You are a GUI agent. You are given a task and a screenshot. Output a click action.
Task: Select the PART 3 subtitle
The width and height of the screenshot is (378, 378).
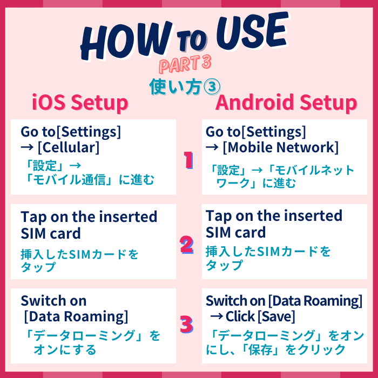coord(185,64)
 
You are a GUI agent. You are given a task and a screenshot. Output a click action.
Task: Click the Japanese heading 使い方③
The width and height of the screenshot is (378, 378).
coord(185,87)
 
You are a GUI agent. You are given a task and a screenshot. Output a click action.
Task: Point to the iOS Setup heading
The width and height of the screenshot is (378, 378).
coord(80,103)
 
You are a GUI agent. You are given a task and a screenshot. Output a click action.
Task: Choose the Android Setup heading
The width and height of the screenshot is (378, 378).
coord(286,102)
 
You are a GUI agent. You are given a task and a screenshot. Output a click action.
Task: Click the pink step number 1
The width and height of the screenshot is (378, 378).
coord(188,160)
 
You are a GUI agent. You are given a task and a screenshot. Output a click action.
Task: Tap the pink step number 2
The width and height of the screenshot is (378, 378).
coord(187,245)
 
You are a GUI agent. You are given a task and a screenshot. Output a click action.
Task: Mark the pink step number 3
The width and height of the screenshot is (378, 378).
coord(187,325)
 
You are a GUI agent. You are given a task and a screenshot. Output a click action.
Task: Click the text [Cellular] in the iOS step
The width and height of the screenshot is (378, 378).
coord(69,147)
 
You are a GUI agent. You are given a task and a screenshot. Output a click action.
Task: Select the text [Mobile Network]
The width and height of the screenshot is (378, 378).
coord(281,147)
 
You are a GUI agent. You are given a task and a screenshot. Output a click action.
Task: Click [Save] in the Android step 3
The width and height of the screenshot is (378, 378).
coord(276,316)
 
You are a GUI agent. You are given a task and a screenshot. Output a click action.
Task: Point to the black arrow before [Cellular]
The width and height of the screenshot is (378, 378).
coord(27,147)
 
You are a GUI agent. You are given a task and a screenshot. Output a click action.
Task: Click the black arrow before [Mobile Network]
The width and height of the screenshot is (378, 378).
coord(212,147)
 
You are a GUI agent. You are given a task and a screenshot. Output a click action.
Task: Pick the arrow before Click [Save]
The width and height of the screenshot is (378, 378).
coord(216,316)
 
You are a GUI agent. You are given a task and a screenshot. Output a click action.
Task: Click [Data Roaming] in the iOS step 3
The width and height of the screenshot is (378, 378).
coord(76,316)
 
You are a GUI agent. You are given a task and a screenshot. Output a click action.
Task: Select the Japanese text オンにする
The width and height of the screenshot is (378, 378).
coord(65,349)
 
